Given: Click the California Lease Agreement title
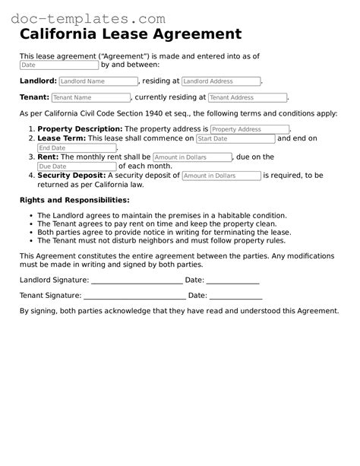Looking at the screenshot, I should click(x=131, y=34).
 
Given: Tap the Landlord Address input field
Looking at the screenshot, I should click(x=221, y=81).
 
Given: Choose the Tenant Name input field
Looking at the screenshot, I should click(x=91, y=98).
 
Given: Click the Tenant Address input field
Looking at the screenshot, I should click(x=248, y=98).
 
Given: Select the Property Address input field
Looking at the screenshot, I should click(x=250, y=130).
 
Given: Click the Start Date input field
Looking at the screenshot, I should click(x=235, y=139).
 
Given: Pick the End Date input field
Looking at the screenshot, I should click(x=77, y=148).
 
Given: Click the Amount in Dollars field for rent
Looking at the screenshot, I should click(x=192, y=157).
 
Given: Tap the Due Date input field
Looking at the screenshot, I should click(x=77, y=166).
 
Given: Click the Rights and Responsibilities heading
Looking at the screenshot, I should click(x=74, y=200).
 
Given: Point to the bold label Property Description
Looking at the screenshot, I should click(x=80, y=130).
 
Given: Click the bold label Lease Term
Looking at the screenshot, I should click(x=62, y=139).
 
